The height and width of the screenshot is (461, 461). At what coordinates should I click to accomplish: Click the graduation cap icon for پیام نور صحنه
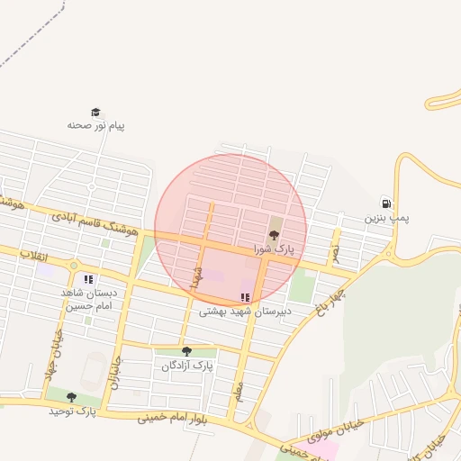[x=95, y=112]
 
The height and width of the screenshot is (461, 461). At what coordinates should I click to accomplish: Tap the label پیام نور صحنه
[x=95, y=125]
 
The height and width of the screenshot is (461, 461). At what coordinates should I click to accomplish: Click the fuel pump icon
[x=386, y=203]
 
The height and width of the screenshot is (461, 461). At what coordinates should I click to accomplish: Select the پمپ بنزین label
[x=386, y=218]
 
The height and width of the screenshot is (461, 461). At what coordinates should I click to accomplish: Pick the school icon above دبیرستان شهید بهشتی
[x=244, y=297]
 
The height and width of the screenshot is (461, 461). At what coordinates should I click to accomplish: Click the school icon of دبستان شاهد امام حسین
[x=87, y=280]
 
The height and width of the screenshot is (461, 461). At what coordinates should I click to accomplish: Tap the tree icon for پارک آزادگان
[x=186, y=351]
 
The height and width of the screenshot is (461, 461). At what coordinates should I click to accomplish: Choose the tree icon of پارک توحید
[x=71, y=397]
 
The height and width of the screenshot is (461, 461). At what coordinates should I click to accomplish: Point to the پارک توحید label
[x=72, y=411]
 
